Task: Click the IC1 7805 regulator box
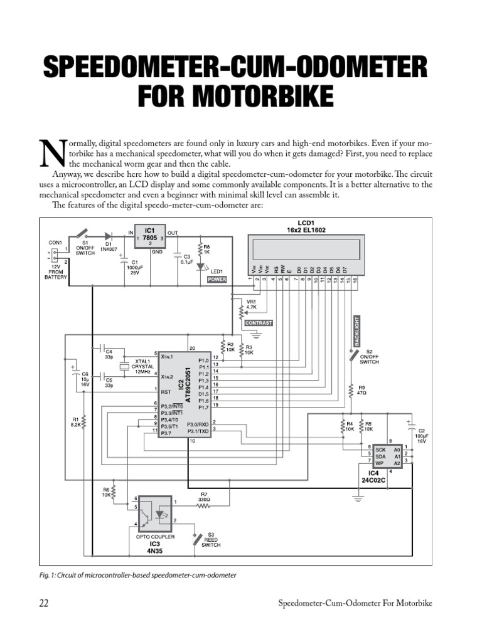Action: pyautogui.click(x=149, y=238)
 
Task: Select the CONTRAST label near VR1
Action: pyautogui.click(x=259, y=322)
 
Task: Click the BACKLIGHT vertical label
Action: pyautogui.click(x=357, y=330)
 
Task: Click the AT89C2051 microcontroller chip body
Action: pyautogui.click(x=183, y=393)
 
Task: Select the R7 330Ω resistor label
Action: pyautogui.click(x=205, y=497)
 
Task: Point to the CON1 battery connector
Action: pyautogui.click(x=55, y=255)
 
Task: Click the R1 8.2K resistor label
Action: pyautogui.click(x=76, y=422)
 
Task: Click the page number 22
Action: pyautogui.click(x=44, y=603)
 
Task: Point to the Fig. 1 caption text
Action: pyautogui.click(x=137, y=575)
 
